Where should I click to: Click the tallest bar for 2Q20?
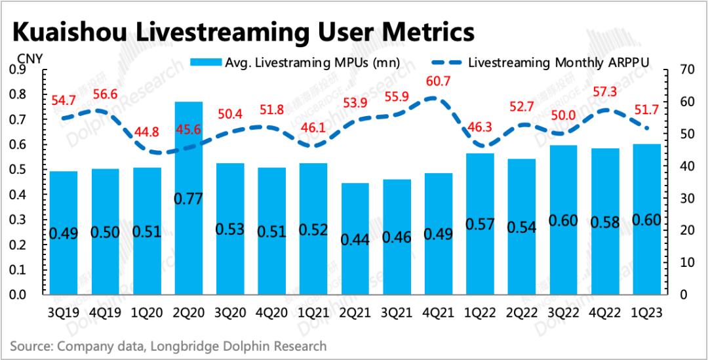pos(189,197)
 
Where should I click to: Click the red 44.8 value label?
pos(146,131)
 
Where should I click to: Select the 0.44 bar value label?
pos(355,239)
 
